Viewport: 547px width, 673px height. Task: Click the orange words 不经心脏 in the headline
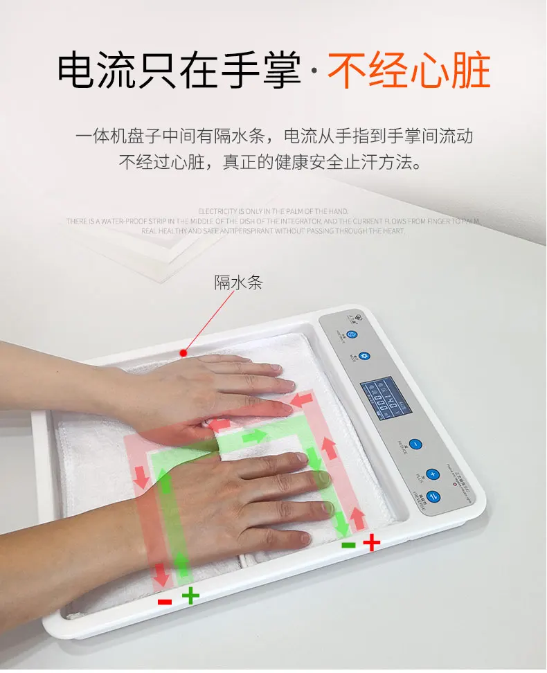tap(409, 71)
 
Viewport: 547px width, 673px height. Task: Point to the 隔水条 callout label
tap(238, 282)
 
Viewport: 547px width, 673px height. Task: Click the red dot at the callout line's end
tap(183, 352)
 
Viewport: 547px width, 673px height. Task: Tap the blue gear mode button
tap(365, 357)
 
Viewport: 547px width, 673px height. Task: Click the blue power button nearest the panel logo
tap(352, 334)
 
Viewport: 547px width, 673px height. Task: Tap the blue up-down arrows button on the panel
tap(433, 496)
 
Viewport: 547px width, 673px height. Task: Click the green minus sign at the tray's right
tap(349, 545)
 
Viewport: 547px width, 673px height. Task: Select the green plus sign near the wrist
tap(190, 595)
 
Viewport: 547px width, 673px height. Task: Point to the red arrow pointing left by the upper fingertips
tap(303, 400)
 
